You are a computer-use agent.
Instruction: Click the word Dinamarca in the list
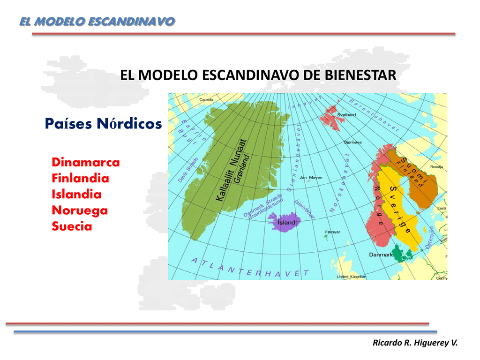click(x=85, y=163)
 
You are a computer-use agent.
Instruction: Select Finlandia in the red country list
click(x=80, y=179)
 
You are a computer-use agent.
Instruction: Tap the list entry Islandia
click(x=76, y=195)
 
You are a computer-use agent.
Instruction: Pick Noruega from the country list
click(x=80, y=210)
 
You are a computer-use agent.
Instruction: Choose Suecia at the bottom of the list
click(x=72, y=226)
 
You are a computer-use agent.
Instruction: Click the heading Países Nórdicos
click(x=103, y=124)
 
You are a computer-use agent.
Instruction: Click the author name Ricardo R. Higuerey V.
click(x=414, y=343)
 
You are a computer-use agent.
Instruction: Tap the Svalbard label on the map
click(x=346, y=114)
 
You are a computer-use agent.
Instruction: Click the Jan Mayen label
click(x=311, y=178)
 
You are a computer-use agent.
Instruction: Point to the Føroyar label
click(x=332, y=232)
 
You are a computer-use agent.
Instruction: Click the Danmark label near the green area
click(x=381, y=255)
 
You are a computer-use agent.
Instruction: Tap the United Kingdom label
click(x=352, y=277)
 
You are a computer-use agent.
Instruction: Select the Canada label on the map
click(x=206, y=99)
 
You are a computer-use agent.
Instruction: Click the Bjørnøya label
click(x=352, y=142)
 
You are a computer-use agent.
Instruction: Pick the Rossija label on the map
click(x=437, y=166)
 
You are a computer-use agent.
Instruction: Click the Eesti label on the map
click(x=442, y=208)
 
